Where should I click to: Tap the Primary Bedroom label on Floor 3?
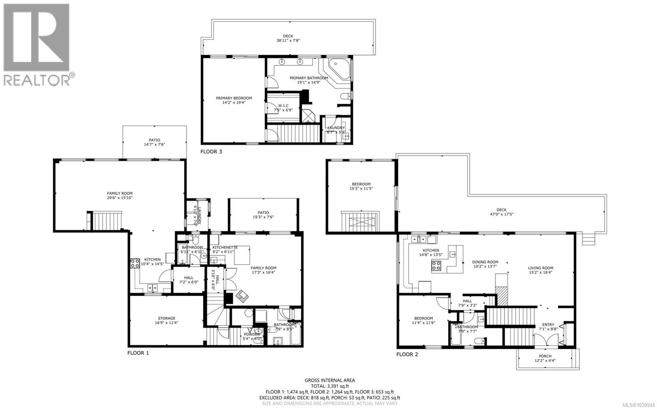pos(234,100)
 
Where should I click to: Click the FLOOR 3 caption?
pos(211,152)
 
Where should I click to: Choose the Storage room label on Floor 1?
pos(167,320)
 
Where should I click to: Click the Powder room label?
pos(252,337)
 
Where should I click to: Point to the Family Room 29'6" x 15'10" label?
pos(120,196)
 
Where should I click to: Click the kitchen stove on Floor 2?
pos(436,265)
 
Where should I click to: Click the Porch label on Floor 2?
pos(545,358)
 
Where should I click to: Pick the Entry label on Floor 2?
pos(548,327)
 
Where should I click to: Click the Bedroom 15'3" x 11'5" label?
pos(361,186)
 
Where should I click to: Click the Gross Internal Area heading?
pos(329,380)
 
